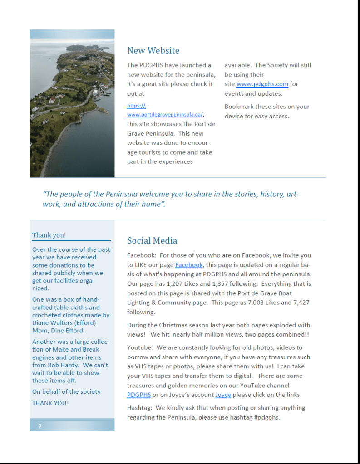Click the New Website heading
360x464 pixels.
153,50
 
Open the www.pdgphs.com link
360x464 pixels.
262,84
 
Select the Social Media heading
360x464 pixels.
152,240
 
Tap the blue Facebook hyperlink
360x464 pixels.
188,265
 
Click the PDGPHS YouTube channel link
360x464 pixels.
139,395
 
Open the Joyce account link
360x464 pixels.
223,395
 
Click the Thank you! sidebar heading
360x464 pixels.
49,235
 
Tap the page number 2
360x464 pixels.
40,426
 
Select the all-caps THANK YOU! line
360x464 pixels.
50,403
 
